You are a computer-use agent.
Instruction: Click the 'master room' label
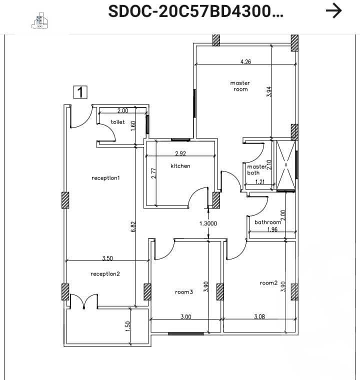[x=240, y=86]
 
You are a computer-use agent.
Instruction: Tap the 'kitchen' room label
[x=180, y=166]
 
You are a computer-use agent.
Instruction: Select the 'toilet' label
[x=118, y=122]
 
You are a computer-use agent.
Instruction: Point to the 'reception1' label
[x=106, y=178]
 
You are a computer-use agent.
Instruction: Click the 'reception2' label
[x=105, y=274]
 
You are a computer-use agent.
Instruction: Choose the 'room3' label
[x=183, y=292]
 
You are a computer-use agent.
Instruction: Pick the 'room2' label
[x=268, y=283]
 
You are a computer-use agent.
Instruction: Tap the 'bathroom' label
[x=268, y=222]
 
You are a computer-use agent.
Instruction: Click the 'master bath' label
[x=257, y=169]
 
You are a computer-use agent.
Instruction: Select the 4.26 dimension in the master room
[x=245, y=62]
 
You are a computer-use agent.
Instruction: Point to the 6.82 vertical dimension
[x=133, y=226]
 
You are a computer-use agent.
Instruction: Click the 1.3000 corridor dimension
[x=208, y=224]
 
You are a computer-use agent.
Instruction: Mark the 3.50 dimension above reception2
[x=107, y=258]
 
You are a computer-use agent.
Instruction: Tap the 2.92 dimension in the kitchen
[x=180, y=153]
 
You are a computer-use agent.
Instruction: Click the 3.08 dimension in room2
[x=259, y=316]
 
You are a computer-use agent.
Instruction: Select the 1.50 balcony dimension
[x=127, y=325]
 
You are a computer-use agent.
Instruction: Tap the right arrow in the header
[x=333, y=10]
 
